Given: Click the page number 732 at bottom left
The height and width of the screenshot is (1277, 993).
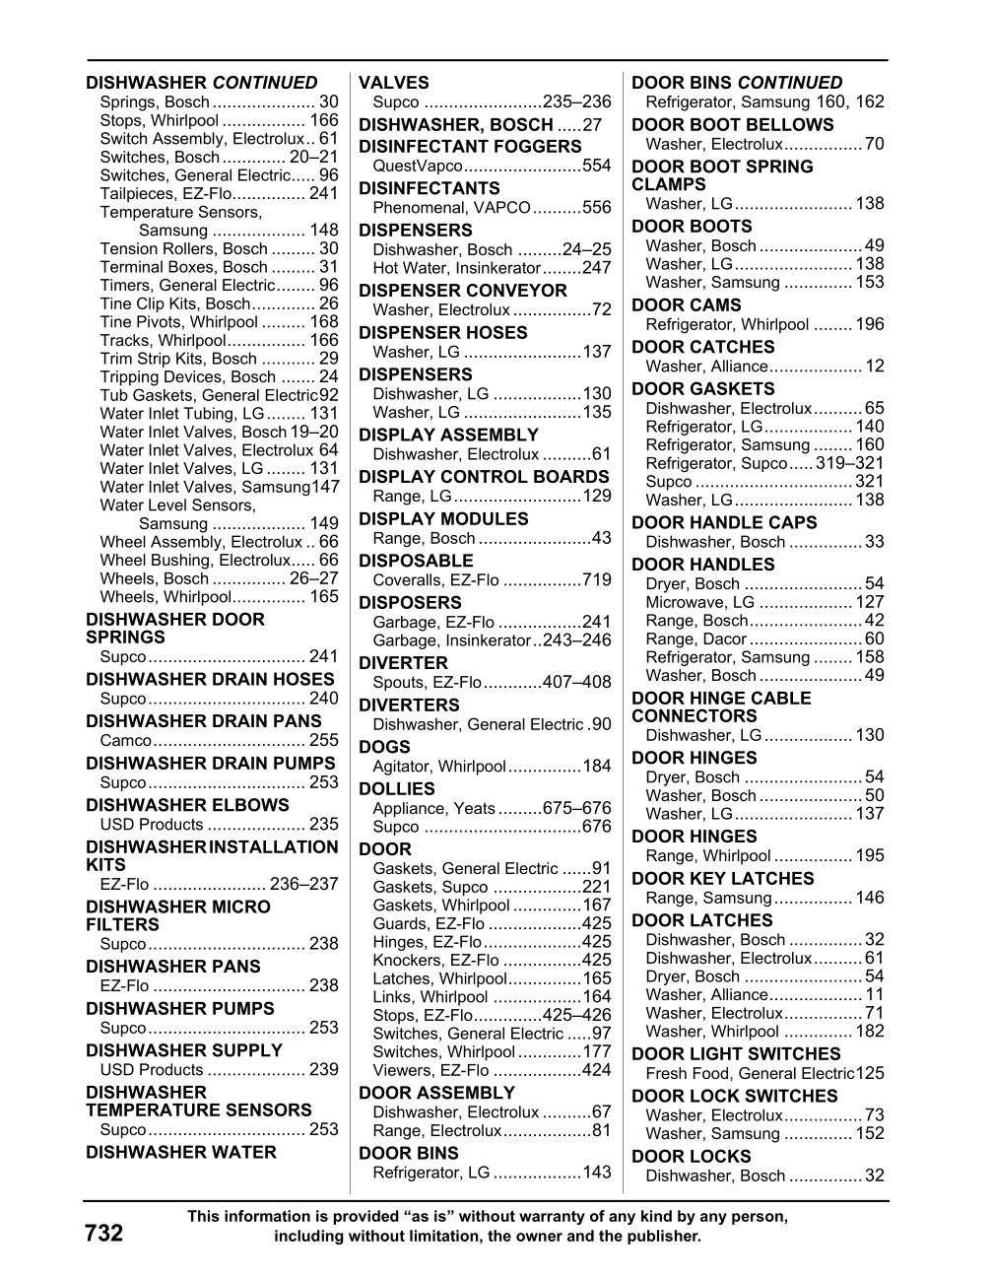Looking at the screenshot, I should click(103, 1233).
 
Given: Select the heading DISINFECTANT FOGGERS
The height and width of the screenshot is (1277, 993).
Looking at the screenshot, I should click(470, 147).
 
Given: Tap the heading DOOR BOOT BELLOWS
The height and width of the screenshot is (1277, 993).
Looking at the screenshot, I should click(732, 125).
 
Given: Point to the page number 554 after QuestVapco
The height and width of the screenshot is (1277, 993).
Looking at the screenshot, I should click(597, 166).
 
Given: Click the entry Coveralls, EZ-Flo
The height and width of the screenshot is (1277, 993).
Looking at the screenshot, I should click(435, 579).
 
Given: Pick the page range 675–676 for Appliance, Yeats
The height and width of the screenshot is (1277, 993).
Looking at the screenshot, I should click(576, 808).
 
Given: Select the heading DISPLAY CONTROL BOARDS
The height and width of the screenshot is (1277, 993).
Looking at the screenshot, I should click(484, 477).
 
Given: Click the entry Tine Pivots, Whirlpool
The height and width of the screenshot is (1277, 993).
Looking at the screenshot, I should click(178, 322).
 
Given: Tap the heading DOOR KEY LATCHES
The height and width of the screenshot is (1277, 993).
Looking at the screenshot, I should click(723, 879).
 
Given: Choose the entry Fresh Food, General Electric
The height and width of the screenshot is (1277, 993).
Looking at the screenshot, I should click(750, 1074).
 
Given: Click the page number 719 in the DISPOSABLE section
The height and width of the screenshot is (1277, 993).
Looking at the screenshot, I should click(597, 579).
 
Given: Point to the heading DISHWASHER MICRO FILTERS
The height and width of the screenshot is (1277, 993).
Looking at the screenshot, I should click(177, 915).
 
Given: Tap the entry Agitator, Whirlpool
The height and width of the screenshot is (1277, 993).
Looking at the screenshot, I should click(438, 766).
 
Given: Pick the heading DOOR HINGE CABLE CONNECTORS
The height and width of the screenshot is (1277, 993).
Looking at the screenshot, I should click(721, 706).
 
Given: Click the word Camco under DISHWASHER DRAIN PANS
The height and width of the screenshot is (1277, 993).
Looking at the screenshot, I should click(126, 740).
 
